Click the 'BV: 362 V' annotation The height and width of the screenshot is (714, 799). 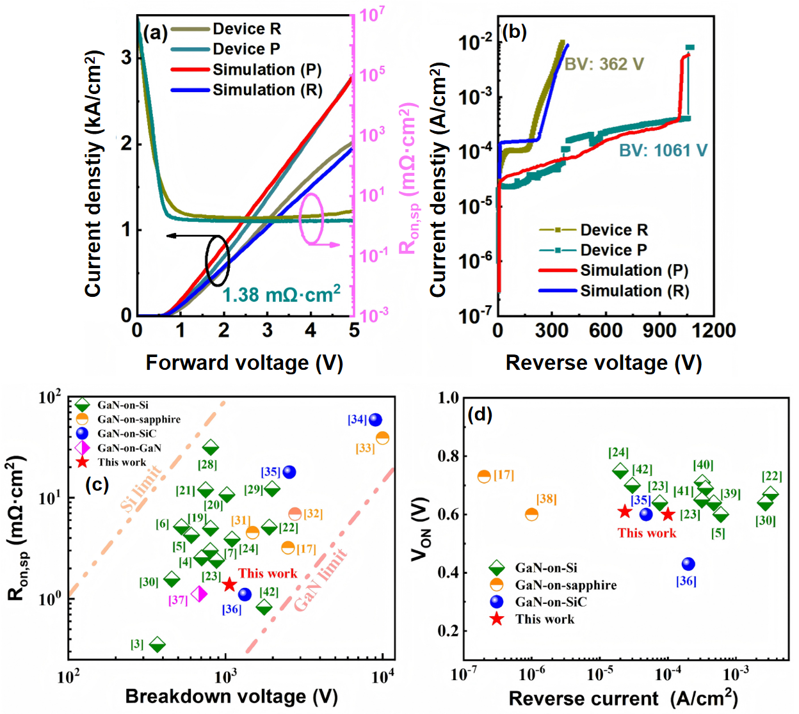603,64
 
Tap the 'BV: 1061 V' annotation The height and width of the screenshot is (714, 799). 663,150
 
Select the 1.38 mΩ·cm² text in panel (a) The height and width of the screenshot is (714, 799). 281,294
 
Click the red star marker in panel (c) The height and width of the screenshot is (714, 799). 229,585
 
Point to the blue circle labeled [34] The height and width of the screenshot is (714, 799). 375,420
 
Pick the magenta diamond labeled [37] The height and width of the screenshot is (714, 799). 199,594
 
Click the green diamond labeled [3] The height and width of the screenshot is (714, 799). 157,645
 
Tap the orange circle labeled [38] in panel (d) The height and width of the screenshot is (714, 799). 531,514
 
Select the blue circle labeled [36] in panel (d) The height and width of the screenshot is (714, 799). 688,564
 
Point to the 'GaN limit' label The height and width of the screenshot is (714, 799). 320,580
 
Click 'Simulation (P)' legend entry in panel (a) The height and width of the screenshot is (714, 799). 267,70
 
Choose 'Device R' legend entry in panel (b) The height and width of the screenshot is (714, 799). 613,230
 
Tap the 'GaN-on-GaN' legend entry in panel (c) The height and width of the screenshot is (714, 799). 129,448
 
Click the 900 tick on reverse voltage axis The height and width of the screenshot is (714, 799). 659,330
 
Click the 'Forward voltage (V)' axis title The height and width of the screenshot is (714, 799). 244,363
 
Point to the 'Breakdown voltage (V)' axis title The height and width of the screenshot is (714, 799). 231,696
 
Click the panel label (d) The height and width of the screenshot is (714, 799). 480,415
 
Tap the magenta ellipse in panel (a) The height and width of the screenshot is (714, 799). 312,219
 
